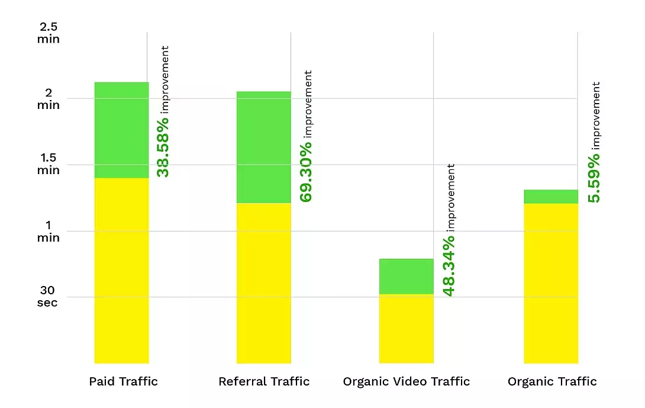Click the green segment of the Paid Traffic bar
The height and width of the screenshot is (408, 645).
121,130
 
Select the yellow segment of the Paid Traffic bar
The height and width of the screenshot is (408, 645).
121,270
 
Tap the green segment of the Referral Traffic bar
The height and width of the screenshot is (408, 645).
263,147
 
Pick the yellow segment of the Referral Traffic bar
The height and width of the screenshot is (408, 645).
263,283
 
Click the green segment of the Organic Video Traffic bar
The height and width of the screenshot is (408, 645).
406,276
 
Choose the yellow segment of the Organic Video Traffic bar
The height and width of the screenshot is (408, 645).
406,328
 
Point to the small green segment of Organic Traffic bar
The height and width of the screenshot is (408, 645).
550,196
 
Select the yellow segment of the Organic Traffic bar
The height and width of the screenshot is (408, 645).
550,283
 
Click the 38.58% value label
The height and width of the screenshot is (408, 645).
163,147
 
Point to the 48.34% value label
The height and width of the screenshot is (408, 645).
449,265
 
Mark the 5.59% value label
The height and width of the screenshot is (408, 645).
594,177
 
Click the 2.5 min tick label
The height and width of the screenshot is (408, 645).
49,33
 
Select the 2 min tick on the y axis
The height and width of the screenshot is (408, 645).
49,99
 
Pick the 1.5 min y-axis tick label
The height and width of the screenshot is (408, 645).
49,164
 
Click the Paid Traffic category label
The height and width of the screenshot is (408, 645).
124,381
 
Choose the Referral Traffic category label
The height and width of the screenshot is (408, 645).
264,381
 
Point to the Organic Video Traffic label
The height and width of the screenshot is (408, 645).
407,381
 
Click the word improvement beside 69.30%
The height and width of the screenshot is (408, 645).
308,104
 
